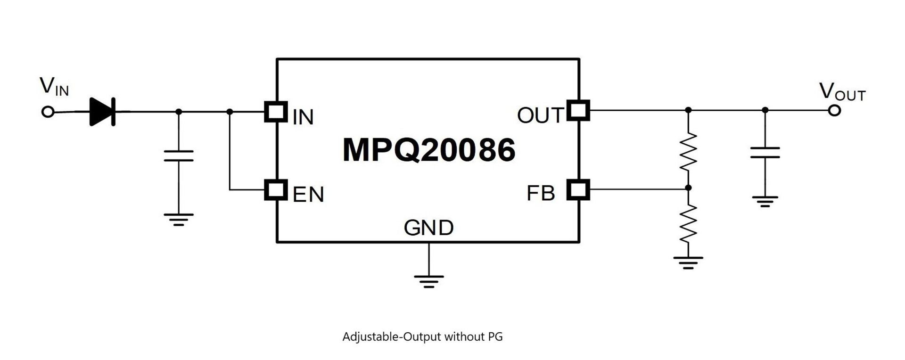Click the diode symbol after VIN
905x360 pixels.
tap(103, 112)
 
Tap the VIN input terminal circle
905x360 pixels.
tap(48, 112)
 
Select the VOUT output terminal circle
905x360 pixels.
tap(834, 111)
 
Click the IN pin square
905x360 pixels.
tap(276, 112)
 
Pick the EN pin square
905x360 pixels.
tap(276, 190)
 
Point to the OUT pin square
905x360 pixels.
tap(578, 110)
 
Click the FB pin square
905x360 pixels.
tap(578, 189)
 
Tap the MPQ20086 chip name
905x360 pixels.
tap(428, 150)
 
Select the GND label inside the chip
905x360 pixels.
tap(428, 228)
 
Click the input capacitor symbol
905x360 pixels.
tap(179, 156)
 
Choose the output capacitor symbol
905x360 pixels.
tap(765, 153)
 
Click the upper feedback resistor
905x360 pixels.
tap(688, 151)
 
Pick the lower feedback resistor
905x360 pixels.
tap(688, 223)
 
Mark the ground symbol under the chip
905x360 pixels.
tap(428, 281)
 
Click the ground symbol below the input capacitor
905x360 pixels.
tap(179, 220)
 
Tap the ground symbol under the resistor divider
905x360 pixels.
tap(688, 262)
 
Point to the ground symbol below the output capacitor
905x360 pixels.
tap(765, 202)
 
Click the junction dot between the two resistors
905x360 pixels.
tap(688, 188)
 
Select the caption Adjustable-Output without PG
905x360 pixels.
tap(422, 337)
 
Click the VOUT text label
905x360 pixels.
tap(842, 92)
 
